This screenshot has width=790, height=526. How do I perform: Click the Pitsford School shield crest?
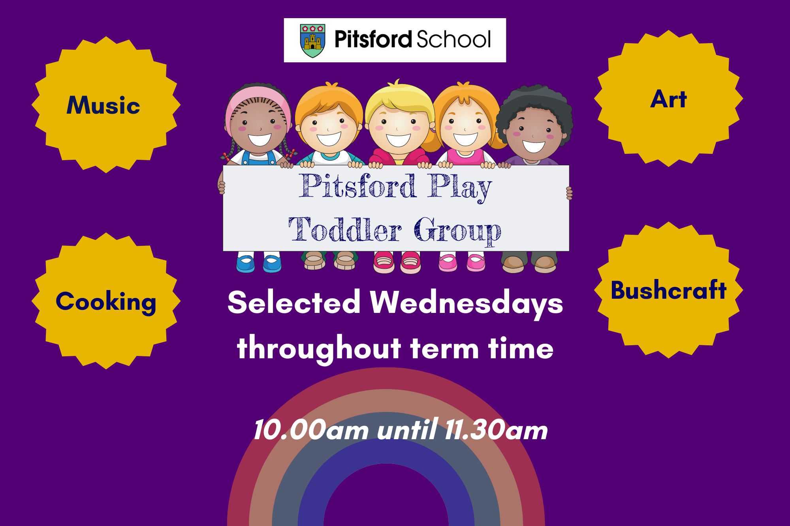[312, 41]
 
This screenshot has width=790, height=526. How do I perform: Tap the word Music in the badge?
[103, 105]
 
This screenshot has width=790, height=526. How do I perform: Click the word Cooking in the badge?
[106, 302]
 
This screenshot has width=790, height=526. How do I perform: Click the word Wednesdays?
[466, 303]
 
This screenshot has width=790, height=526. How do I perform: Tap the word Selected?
[294, 302]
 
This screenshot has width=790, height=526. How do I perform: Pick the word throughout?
[319, 348]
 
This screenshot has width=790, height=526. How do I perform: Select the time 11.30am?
[496, 430]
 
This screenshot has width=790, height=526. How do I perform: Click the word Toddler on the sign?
[345, 229]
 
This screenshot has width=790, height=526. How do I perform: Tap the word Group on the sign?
[457, 231]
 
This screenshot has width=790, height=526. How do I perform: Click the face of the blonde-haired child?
[398, 127]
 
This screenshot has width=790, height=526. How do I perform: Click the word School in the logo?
[453, 39]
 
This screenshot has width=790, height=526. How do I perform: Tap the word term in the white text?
[444, 349]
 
